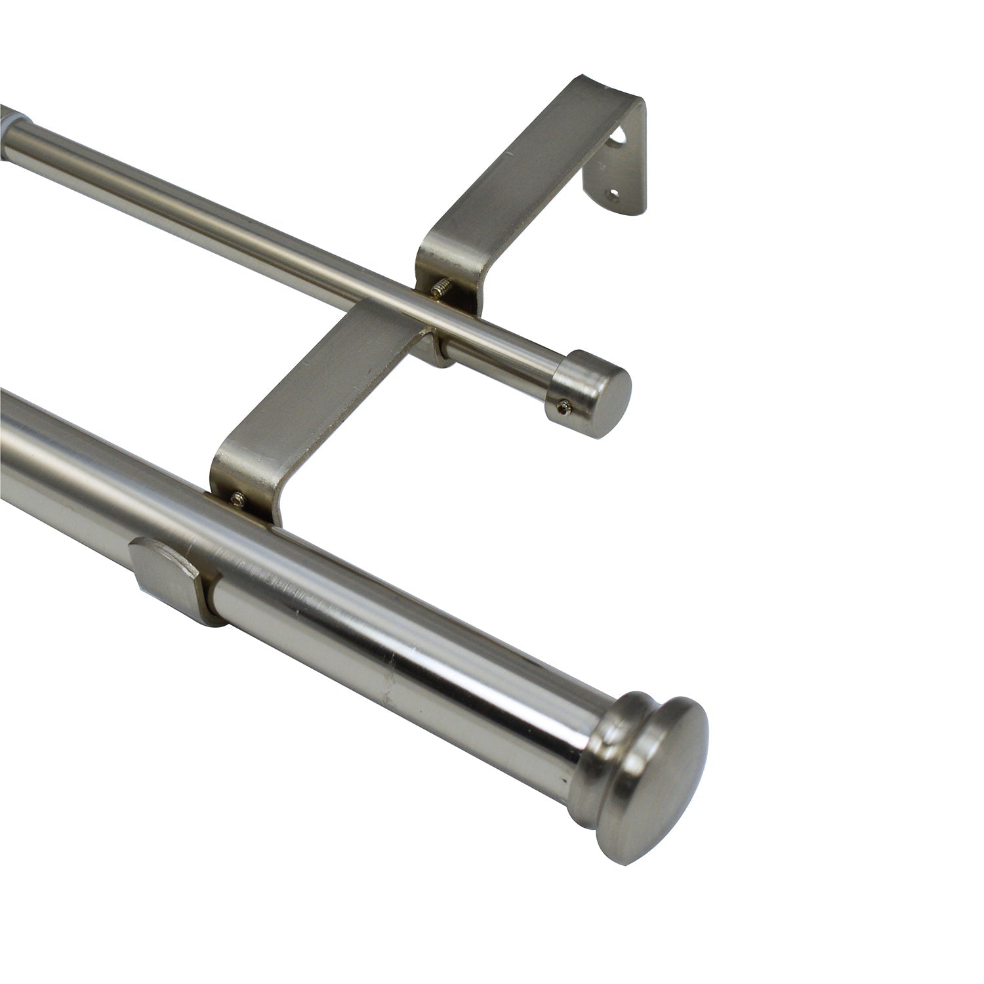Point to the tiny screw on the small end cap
pos(563,407)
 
